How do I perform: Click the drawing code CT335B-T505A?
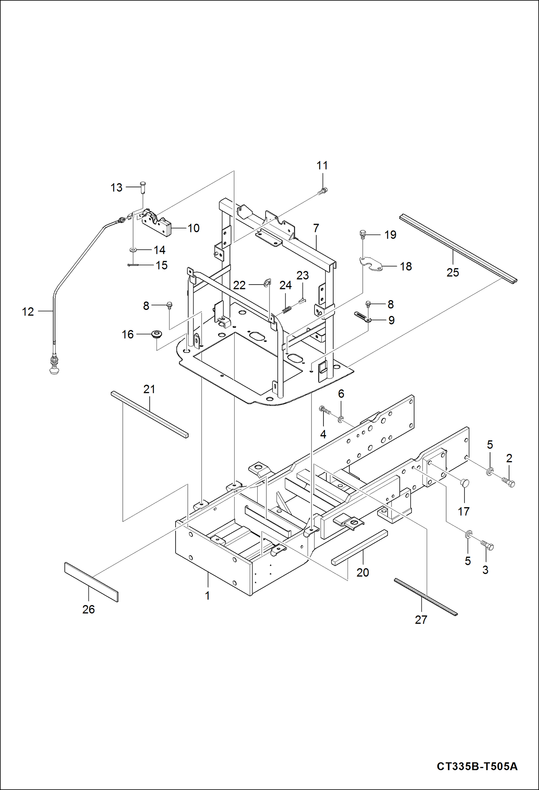[x=477, y=766]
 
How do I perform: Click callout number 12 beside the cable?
[x=28, y=312]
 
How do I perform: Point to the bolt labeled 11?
[x=323, y=191]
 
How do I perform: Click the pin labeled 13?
[x=142, y=187]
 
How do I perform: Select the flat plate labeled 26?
[x=91, y=581]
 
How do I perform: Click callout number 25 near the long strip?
[x=453, y=272]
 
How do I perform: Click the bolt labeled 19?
[x=363, y=235]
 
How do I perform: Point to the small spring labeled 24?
[x=287, y=309]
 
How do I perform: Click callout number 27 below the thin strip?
[x=421, y=620]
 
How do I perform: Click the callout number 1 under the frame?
[x=207, y=595]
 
